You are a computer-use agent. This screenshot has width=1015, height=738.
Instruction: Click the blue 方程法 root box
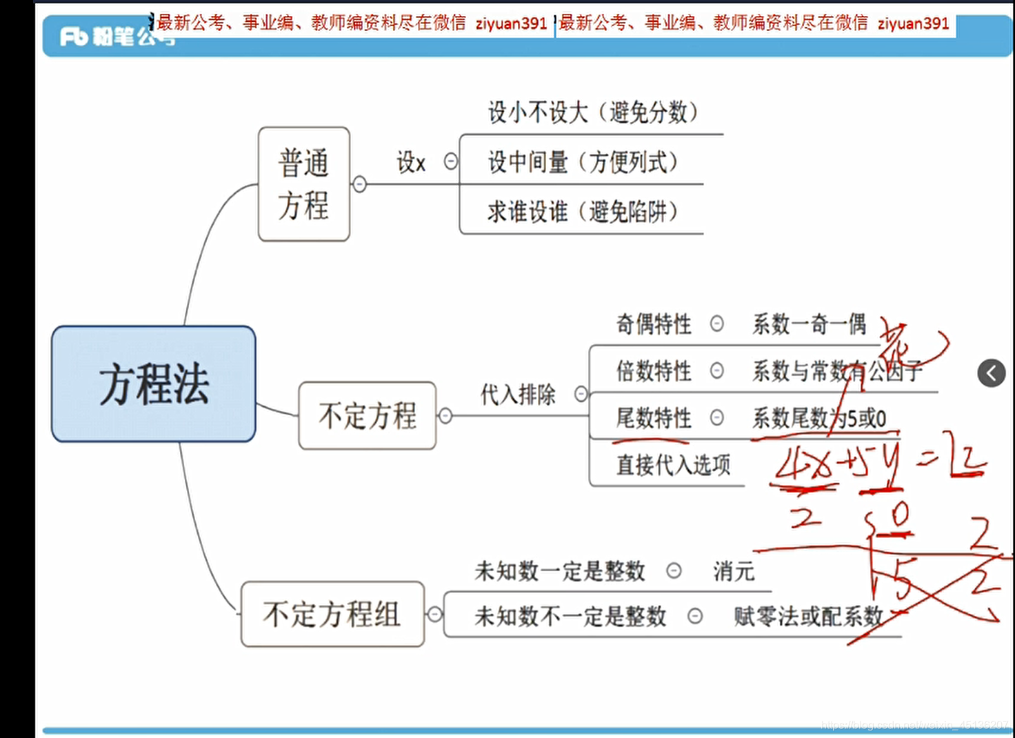coord(153,383)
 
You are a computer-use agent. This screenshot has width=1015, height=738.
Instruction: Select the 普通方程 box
coord(303,184)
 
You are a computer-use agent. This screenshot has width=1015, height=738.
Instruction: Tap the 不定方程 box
coord(367,416)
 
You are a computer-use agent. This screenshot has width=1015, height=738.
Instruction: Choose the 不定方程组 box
coord(332,614)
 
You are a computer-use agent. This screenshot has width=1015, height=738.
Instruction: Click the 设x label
coord(411,163)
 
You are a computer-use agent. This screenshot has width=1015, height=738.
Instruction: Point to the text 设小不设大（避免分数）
coord(592,112)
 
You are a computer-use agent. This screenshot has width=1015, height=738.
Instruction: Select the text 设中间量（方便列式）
coord(583,162)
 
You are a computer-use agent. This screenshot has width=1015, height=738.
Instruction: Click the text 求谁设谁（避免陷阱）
coord(582,212)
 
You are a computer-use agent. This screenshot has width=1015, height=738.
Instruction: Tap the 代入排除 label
coord(518,395)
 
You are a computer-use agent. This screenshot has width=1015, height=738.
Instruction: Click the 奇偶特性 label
coord(653,323)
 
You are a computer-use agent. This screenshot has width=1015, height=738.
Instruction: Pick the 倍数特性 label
coord(653,371)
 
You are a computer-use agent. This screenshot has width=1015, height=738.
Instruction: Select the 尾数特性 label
coord(653,418)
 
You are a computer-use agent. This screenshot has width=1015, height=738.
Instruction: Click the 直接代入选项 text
coord(673,465)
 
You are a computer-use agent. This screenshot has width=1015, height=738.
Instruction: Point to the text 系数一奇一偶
coord(809,323)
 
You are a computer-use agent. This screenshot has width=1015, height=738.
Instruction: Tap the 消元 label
coord(734,571)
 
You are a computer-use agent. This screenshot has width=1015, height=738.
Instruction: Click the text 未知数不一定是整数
coord(570,616)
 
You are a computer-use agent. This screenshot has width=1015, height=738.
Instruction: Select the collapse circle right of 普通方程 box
coord(359,184)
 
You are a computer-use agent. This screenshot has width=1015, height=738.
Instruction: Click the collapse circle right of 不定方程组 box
coord(434,614)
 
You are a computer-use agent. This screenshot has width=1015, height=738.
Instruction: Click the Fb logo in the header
coord(74,36)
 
